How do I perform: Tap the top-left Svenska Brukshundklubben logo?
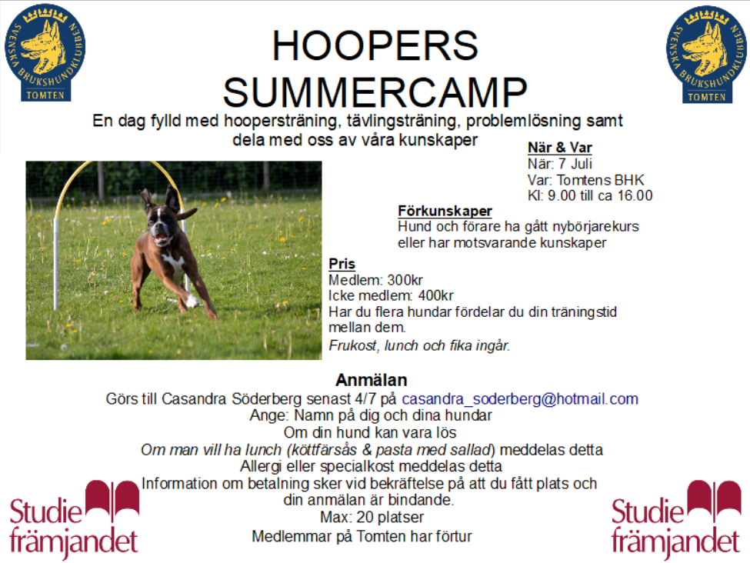[45, 52]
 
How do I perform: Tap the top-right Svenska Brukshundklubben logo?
[706, 54]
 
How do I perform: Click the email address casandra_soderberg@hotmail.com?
[520, 398]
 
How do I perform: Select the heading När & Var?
[560, 148]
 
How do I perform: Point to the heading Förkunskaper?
[445, 211]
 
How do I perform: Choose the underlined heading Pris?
[342, 264]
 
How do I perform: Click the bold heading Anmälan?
[372, 380]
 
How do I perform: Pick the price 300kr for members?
[405, 280]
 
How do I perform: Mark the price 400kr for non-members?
[435, 295]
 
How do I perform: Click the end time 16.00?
[635, 195]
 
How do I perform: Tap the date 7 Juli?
[575, 164]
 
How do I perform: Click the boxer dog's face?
[161, 224]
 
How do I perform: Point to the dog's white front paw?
[192, 301]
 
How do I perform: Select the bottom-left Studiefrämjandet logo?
[74, 519]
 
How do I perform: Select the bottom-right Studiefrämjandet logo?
[676, 519]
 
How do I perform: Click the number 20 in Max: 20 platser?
[365, 517]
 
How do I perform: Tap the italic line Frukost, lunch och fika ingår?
[419, 345]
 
